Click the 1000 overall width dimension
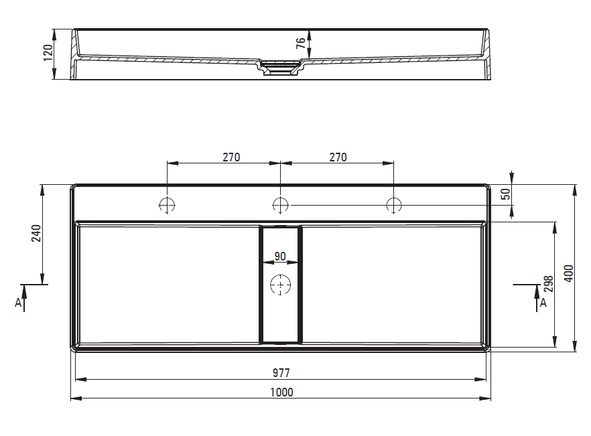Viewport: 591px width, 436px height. click(281, 392)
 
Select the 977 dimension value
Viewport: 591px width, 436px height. click(281, 372)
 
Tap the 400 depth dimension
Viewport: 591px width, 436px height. click(569, 273)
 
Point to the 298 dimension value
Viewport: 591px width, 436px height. click(549, 284)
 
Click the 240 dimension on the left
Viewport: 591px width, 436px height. click(36, 233)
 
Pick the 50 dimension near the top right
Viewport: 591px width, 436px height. click(506, 194)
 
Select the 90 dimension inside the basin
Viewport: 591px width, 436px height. click(280, 257)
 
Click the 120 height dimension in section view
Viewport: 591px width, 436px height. click(48, 53)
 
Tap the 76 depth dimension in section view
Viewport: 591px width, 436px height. click(300, 44)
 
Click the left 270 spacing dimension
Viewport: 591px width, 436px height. click(231, 157)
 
